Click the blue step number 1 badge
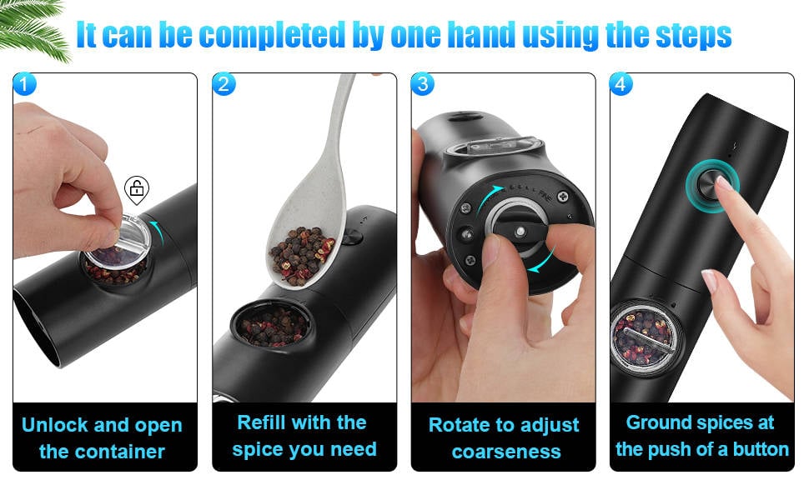24,83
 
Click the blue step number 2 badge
224,83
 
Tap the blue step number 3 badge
423,83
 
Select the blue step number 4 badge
621,83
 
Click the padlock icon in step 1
137,189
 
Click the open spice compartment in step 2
272,324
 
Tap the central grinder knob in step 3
520,230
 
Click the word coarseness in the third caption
506,452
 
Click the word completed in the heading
271,36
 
